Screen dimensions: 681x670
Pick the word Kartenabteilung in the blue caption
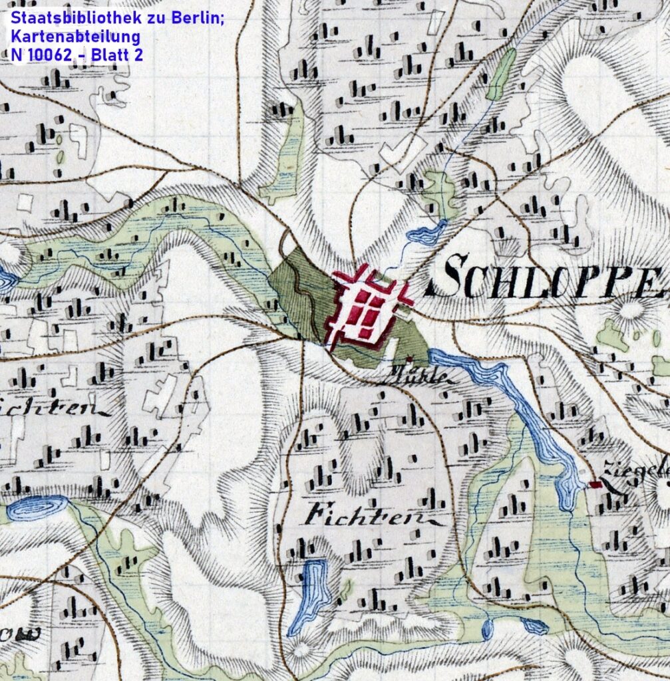(x=75, y=37)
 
